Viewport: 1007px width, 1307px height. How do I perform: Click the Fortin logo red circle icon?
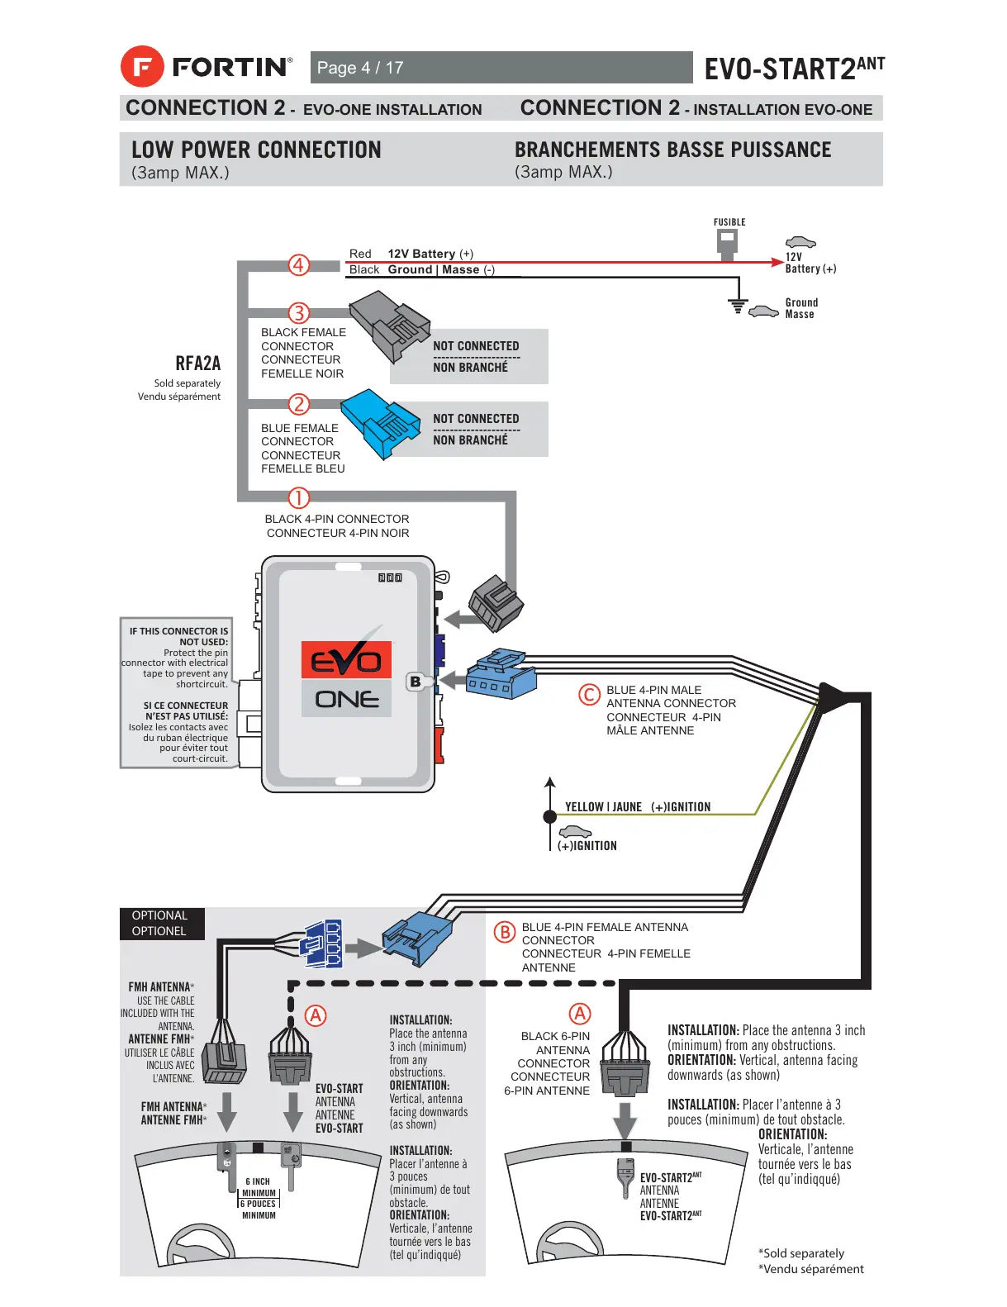142,66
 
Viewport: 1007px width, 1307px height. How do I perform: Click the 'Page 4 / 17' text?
360,68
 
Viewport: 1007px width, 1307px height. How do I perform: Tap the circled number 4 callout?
298,265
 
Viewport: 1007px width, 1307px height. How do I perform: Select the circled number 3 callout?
298,313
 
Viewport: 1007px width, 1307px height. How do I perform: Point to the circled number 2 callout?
298,404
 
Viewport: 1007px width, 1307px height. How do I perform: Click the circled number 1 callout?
298,498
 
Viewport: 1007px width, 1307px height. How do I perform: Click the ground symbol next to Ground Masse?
738,306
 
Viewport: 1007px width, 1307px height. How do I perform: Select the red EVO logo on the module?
346,660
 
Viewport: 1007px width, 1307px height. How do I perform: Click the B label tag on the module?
416,682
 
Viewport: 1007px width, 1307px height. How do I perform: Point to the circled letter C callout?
589,695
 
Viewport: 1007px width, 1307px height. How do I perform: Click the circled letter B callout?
504,932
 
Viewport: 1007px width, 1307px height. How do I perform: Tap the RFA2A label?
198,364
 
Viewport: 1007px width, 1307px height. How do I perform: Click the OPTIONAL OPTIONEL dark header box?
162,924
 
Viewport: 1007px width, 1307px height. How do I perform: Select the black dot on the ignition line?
550,816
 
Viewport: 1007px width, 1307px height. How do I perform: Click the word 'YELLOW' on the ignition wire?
584,807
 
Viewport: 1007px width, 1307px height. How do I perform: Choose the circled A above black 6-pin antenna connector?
581,1014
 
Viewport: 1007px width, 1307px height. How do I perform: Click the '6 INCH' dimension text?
258,1181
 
